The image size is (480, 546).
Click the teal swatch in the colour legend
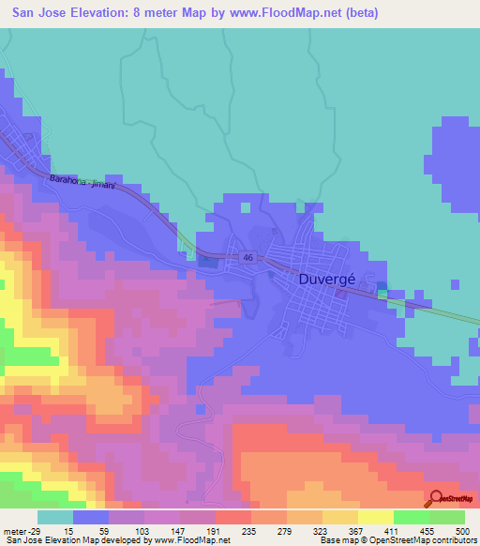pos(54,517)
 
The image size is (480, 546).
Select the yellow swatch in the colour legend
pos(376,517)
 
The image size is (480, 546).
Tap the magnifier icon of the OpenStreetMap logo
pos(436,499)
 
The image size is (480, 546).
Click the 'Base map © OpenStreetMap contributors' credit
pos(397,541)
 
